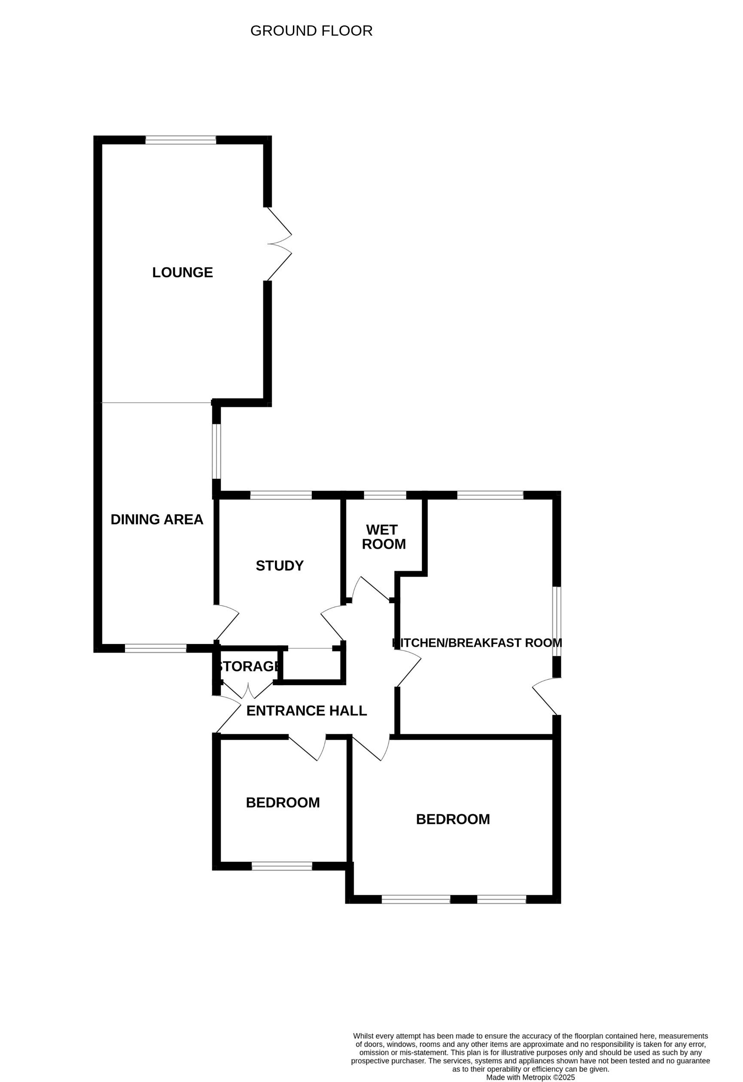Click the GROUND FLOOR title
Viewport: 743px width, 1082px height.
coord(311,31)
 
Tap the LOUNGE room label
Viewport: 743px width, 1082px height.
coord(183,272)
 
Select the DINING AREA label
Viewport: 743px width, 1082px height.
coord(157,520)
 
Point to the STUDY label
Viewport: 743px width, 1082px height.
coord(280,565)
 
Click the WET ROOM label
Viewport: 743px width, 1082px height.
coord(384,537)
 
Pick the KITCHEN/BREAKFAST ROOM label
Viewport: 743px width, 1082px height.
coord(477,643)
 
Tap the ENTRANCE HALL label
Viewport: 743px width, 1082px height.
coord(307,711)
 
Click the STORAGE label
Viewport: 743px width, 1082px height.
coord(248,666)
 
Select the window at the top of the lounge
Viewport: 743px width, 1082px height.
coord(181,140)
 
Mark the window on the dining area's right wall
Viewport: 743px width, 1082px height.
coord(216,451)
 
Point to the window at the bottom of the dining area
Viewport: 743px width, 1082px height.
coord(155,648)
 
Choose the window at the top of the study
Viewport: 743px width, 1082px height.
coord(281,495)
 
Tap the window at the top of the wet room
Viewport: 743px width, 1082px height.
coord(385,495)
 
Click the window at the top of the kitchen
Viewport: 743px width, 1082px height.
coord(490,495)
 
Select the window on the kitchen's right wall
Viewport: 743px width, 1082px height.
coord(557,621)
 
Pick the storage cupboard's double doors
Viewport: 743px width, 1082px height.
coord(248,691)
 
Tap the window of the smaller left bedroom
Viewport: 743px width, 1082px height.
coord(282,866)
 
